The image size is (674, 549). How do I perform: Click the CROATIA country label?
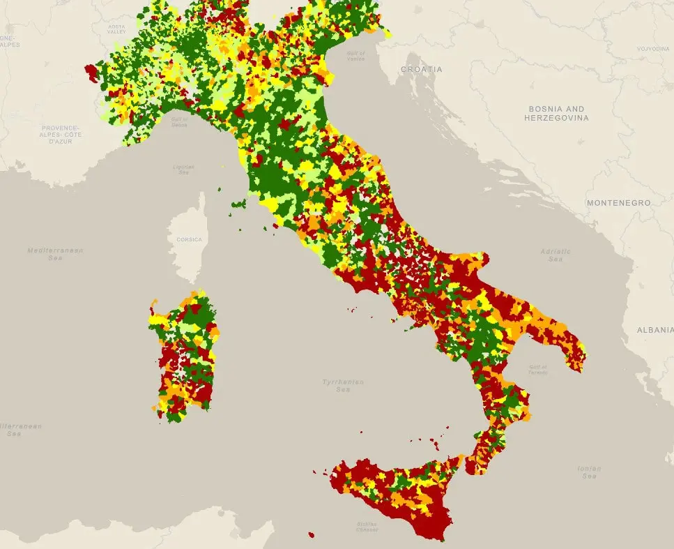tap(421, 70)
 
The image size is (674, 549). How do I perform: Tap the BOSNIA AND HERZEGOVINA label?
tap(556, 114)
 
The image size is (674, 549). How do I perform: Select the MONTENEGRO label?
tap(618, 203)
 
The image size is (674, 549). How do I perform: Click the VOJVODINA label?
tap(652, 49)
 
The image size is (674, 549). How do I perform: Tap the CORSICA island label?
tap(190, 239)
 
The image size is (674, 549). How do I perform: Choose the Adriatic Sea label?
tap(556, 255)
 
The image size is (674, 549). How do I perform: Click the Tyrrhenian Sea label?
tap(343, 385)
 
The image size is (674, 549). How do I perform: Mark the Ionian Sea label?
tap(589, 472)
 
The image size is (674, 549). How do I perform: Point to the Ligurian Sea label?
tap(184, 170)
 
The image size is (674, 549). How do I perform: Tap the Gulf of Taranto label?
tap(537, 369)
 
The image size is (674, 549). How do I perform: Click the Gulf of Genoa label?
tap(179, 123)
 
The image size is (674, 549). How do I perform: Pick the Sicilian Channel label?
tap(366, 527)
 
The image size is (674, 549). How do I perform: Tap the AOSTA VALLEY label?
tap(116, 30)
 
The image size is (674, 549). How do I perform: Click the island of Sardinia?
tap(185, 356)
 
